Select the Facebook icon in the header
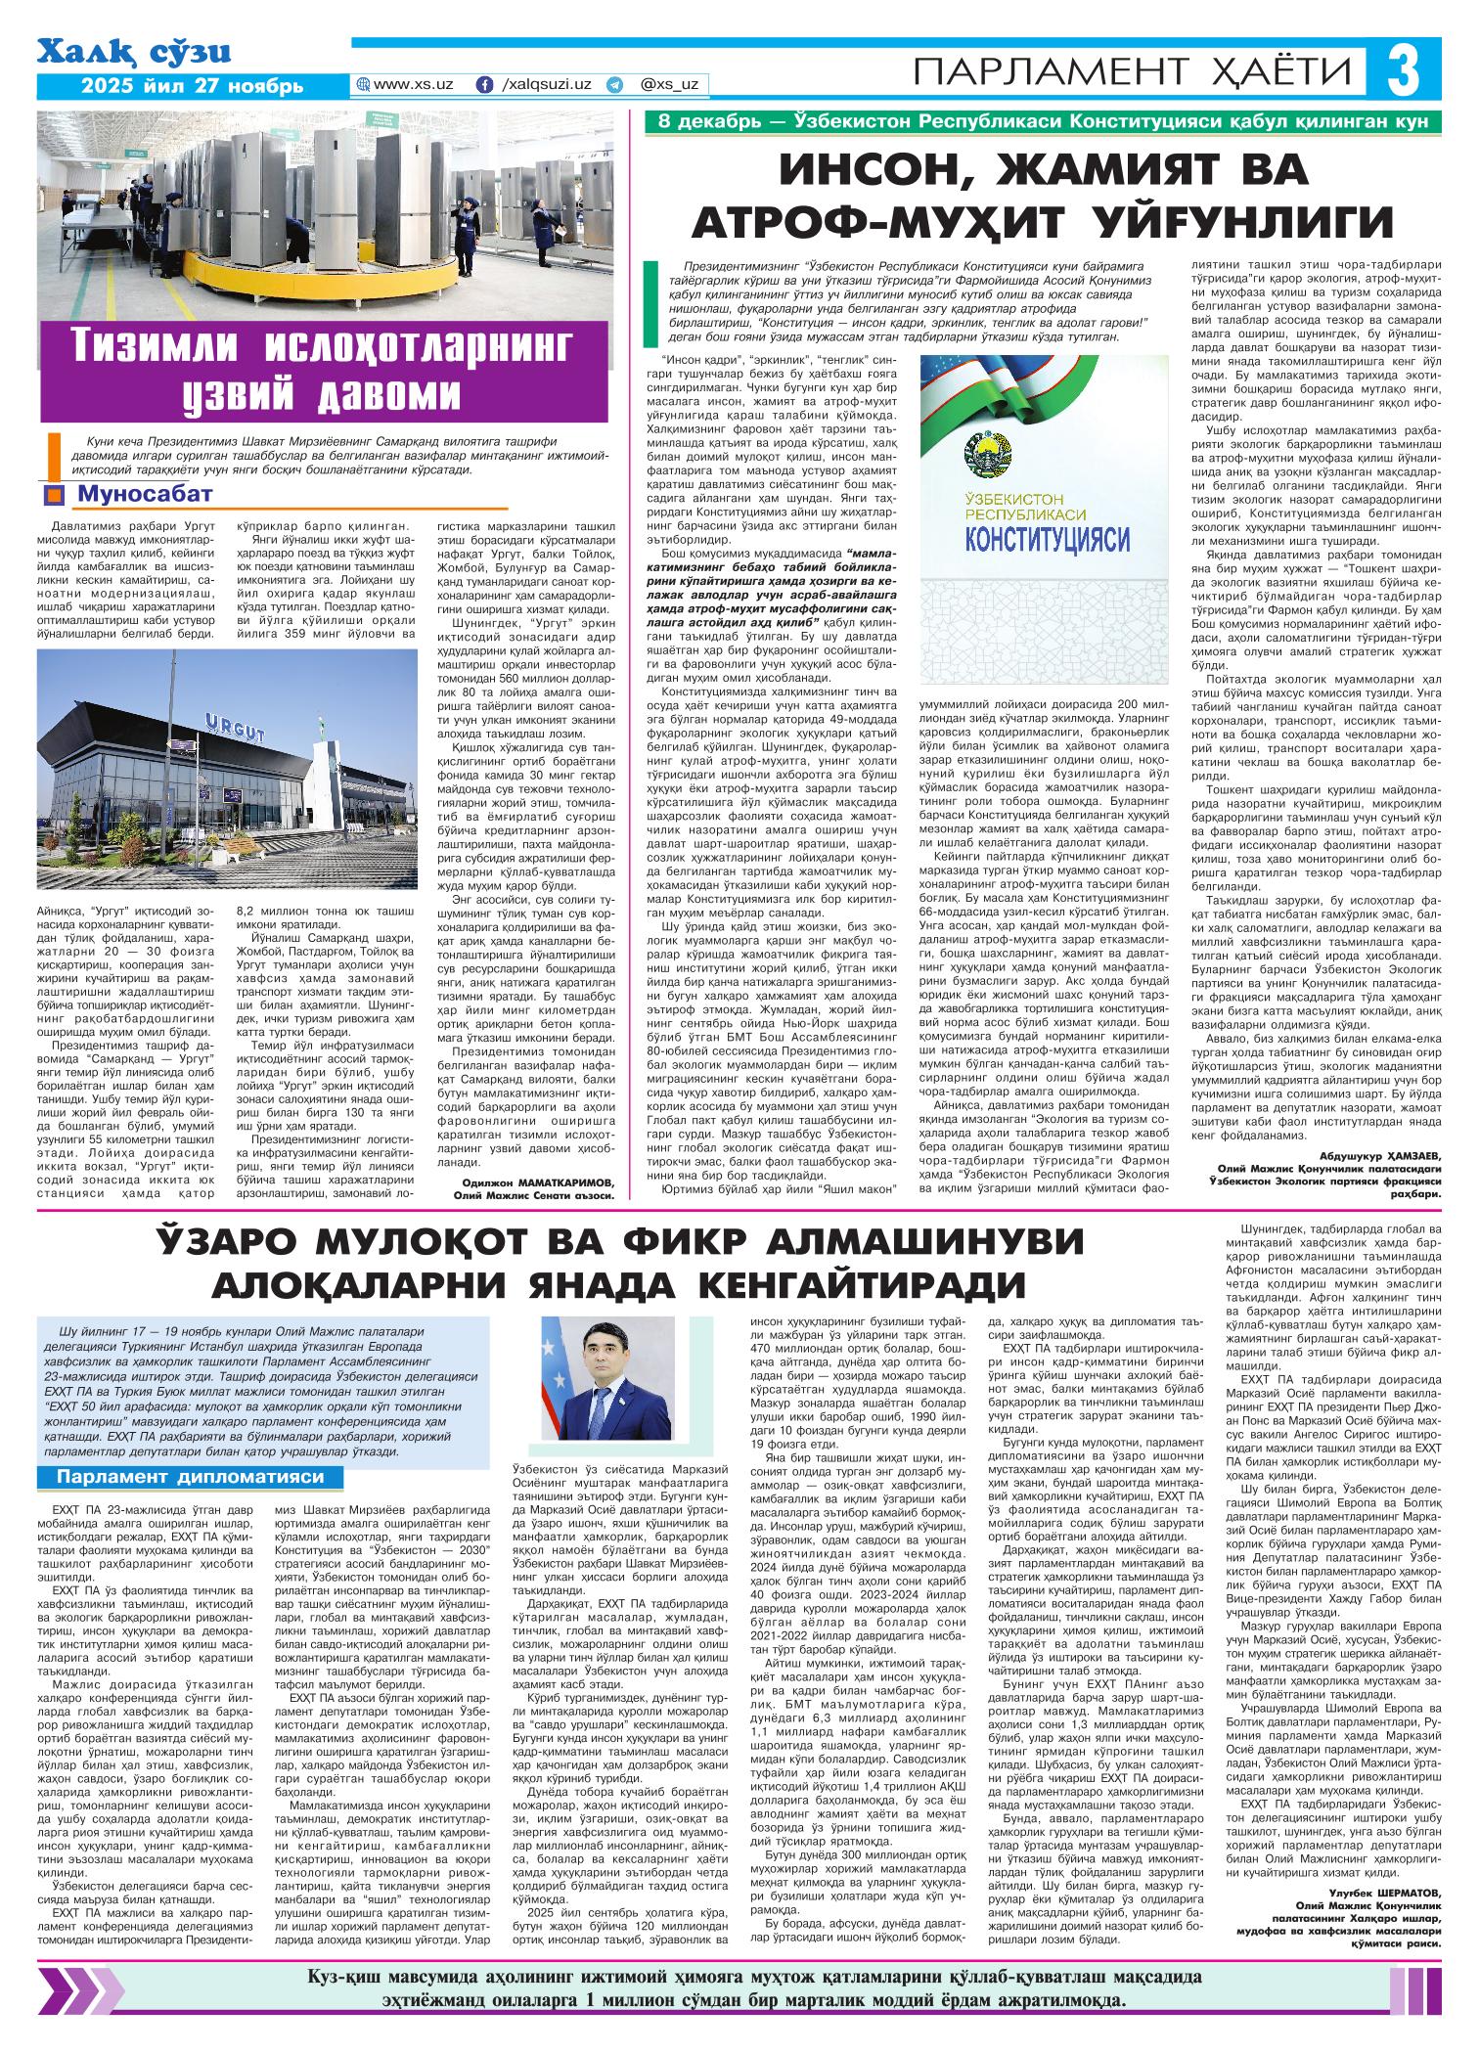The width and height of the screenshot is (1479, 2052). pyautogui.click(x=483, y=85)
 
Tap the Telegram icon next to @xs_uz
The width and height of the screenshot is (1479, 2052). pyautogui.click(x=614, y=85)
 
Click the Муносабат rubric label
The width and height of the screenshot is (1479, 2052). pyautogui.click(x=143, y=494)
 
